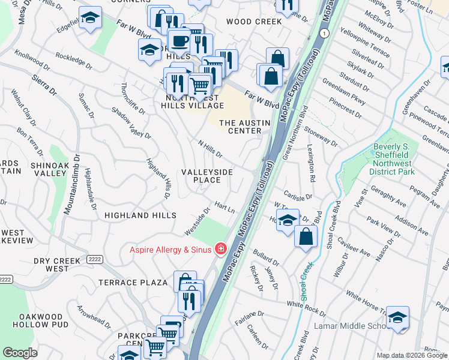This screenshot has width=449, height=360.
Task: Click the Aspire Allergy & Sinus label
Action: point(171,249)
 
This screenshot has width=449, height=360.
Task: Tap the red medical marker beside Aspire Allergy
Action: point(221,249)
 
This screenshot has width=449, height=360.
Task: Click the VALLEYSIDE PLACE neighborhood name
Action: point(207,176)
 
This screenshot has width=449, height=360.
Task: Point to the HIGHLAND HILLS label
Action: point(140,215)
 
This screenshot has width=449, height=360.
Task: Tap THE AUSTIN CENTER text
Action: point(244,127)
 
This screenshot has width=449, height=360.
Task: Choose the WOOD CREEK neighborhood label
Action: point(254,22)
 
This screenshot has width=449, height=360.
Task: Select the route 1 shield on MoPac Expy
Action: point(324,34)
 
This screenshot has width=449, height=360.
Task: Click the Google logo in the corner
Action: point(20,353)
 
